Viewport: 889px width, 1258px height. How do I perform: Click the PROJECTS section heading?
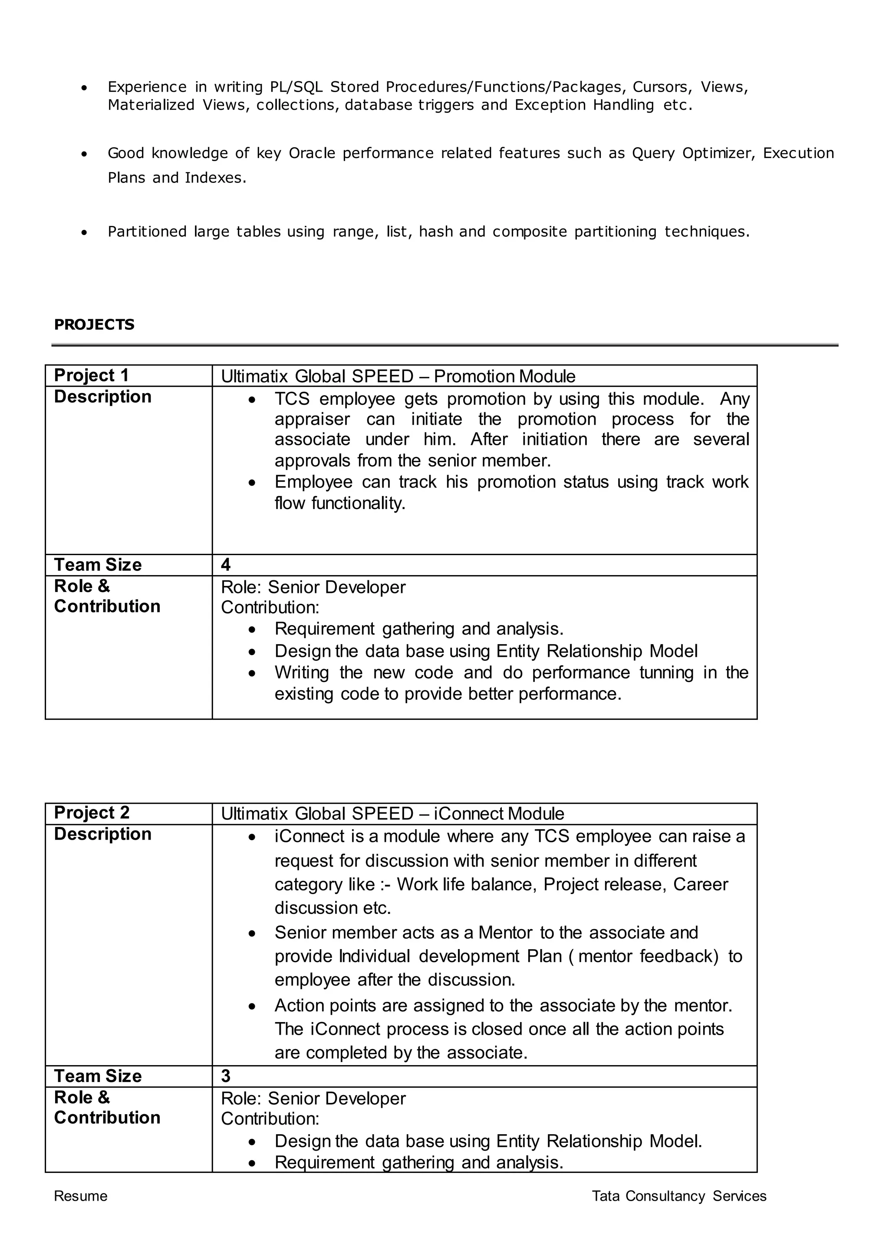tap(94, 325)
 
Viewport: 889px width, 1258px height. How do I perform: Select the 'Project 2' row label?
tap(92, 813)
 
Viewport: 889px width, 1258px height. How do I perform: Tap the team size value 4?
tap(226, 565)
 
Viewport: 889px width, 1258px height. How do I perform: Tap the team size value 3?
tap(226, 1076)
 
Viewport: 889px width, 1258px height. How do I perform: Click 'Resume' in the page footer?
tap(80, 1196)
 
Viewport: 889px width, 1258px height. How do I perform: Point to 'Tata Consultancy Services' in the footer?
tap(679, 1196)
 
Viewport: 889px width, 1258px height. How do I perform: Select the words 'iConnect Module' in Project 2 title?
tap(499, 814)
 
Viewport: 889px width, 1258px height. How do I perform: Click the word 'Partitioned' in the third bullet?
tap(147, 232)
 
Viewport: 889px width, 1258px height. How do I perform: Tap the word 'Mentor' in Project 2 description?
tap(505, 933)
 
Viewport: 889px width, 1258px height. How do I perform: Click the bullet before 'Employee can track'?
tap(251, 483)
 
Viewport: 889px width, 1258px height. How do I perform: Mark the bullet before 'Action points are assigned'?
tap(251, 1006)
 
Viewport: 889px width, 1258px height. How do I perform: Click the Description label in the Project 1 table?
tap(102, 397)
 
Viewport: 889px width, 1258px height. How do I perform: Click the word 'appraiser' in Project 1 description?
tap(312, 419)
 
